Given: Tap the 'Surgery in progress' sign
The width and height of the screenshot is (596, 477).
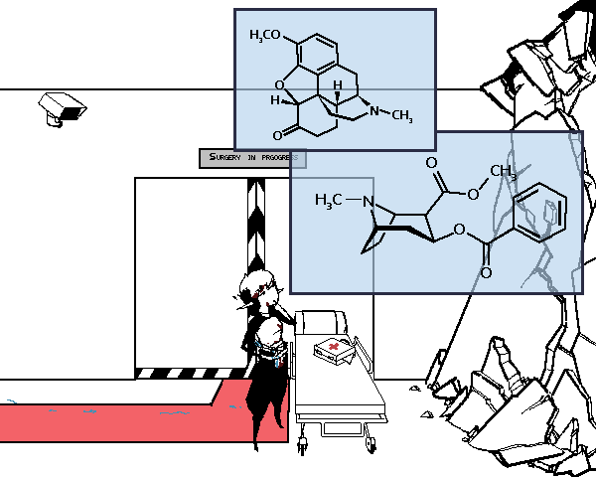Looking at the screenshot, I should pos(251,158).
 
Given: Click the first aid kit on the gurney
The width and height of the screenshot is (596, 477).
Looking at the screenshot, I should pos(332,350).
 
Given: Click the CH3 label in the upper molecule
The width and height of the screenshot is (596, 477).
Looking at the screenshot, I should pos(400,117).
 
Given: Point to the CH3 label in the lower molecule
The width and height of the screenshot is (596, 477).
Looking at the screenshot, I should pos(504,174).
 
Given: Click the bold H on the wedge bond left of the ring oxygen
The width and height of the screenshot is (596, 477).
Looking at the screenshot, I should pos(275,99).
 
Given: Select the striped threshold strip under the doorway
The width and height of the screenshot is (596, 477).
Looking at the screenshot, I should pos(189,374).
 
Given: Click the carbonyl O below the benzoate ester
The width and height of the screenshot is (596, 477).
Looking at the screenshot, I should pos(486,271).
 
